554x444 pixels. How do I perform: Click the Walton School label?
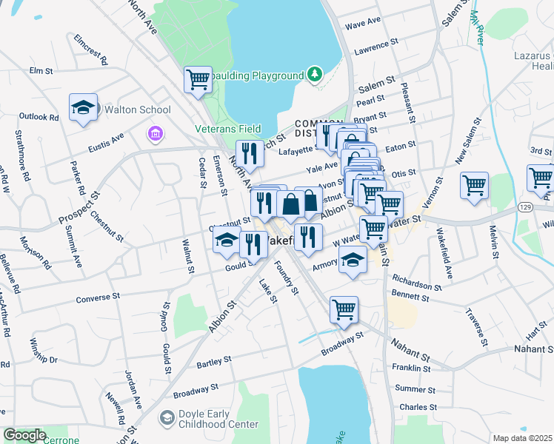[x=137, y=110]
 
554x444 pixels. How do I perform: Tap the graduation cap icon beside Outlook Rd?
[x=83, y=108]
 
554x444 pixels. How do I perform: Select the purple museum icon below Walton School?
[x=154, y=133]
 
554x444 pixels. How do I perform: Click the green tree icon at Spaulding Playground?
[x=315, y=75]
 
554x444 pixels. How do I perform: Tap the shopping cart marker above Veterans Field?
[x=198, y=79]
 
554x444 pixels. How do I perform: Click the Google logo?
[x=24, y=435]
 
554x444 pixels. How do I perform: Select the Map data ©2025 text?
[x=522, y=438]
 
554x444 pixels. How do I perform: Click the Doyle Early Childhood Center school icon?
[x=167, y=419]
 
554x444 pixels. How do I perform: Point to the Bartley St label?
[x=216, y=364]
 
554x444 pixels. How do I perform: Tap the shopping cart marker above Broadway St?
[x=344, y=310]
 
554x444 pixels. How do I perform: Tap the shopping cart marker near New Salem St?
[x=474, y=186]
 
